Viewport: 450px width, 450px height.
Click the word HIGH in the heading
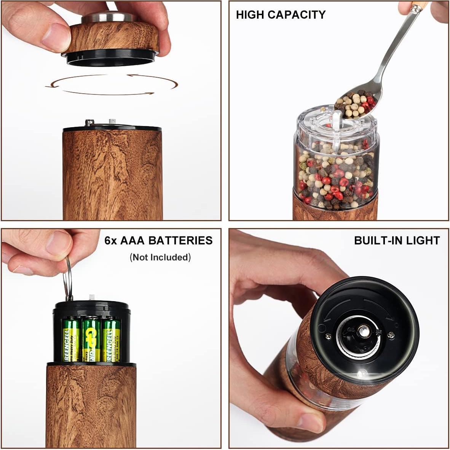250,15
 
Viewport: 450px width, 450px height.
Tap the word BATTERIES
180,241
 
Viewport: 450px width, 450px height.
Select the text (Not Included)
160,257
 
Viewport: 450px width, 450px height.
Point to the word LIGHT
423,241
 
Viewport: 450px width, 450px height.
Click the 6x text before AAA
111,241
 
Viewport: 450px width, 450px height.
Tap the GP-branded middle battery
91,339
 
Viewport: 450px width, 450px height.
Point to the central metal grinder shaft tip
364,332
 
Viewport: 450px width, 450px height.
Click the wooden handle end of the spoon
419,6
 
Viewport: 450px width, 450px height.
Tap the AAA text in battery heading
132,241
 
